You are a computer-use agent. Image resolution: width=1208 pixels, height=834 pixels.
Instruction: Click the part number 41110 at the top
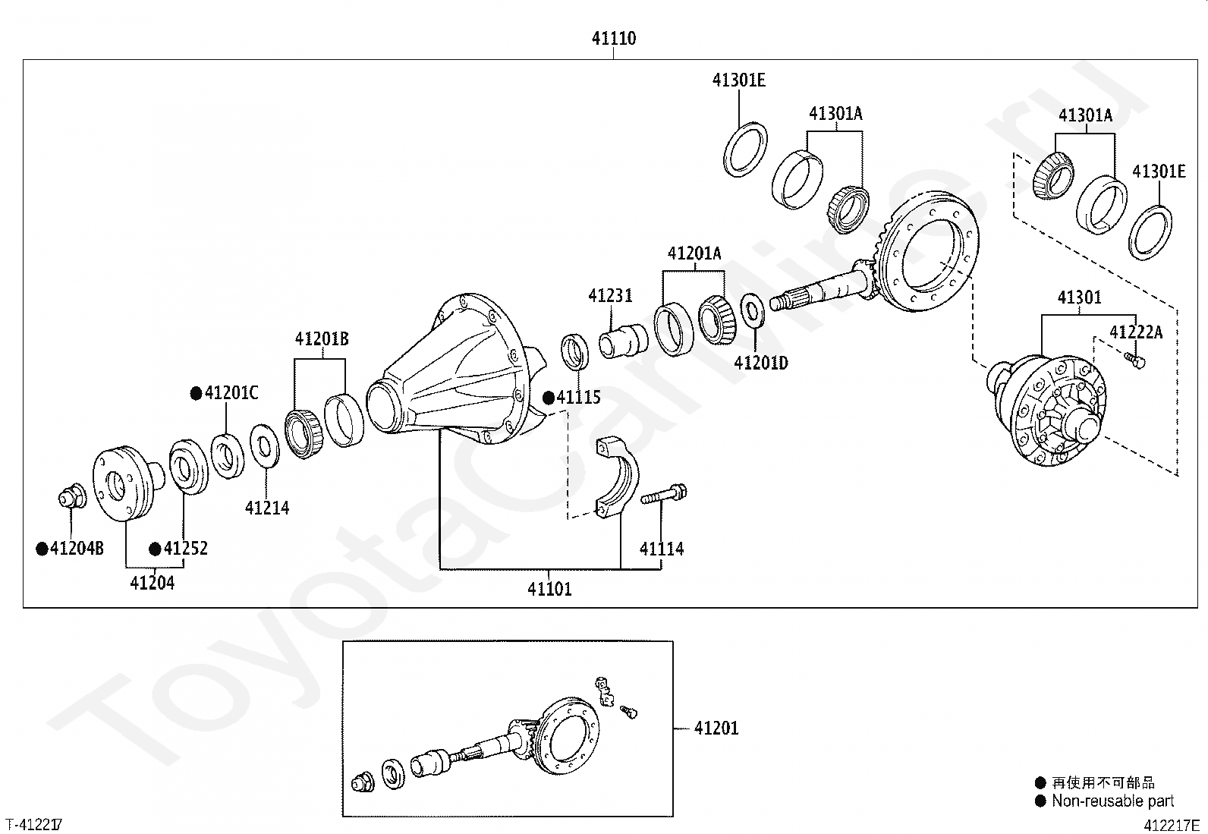614,38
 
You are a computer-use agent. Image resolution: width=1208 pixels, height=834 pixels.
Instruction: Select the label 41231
610,296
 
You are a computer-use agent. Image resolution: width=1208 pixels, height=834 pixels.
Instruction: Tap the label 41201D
761,363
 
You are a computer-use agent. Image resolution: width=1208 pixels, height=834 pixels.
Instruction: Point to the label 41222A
1136,332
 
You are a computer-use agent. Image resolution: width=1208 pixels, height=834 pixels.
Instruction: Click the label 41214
267,508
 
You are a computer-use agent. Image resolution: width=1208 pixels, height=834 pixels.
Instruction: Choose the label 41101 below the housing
549,589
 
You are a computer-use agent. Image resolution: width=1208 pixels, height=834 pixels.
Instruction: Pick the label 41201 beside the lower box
716,729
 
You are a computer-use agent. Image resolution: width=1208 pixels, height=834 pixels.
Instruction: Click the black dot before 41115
549,398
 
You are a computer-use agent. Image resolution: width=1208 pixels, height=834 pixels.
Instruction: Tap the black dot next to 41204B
42,549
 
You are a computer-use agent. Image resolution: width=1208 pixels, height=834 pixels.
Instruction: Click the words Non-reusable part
1112,801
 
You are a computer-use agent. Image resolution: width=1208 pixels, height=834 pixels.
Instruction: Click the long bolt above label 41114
663,494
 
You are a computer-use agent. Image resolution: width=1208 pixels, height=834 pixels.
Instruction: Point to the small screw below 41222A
1134,359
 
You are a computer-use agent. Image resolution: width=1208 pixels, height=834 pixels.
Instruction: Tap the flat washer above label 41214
265,446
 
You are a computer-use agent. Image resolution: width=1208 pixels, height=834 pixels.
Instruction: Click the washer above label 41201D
752,310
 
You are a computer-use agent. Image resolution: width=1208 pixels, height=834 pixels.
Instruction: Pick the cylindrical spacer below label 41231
624,341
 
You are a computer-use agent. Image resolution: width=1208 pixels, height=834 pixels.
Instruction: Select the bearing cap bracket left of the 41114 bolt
618,477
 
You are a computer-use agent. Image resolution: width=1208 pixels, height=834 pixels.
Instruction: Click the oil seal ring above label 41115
574,352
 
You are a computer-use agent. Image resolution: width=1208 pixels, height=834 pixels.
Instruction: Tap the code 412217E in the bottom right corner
1172,826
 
